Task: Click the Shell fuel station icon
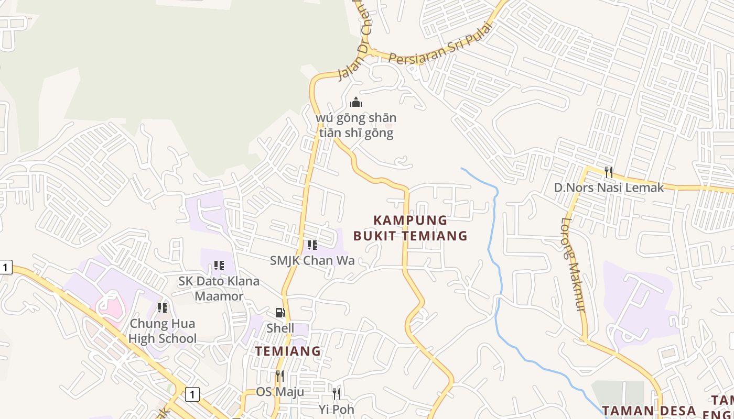pos(280,313)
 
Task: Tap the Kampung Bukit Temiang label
pos(410,228)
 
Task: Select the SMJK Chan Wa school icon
pos(312,245)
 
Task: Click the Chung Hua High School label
pos(163,331)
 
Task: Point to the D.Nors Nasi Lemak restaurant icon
pos(609,172)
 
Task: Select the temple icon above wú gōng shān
pos(356,102)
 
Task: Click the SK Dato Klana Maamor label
pos(219,289)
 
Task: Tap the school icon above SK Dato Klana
pos(219,266)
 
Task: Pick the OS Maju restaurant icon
pos(280,376)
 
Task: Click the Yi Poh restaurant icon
pos(337,393)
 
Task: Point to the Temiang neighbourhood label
pos(288,351)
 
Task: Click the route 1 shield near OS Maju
pos(192,394)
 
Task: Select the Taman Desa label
pos(649,410)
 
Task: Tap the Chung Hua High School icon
pos(163,307)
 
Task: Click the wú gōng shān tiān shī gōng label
pos(357,126)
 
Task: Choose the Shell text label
pos(280,328)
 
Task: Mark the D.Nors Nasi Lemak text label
pos(609,188)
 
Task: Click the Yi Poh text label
pos(337,409)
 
